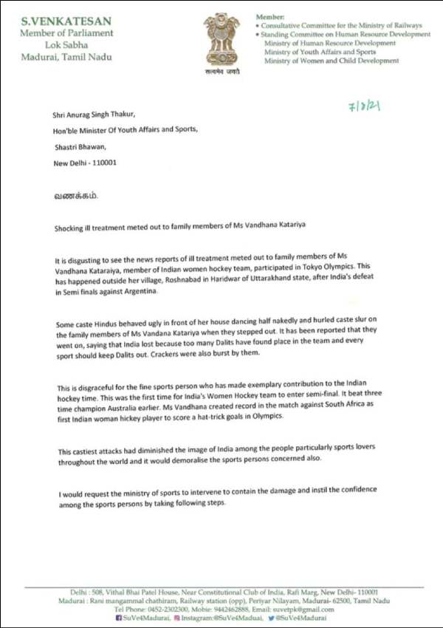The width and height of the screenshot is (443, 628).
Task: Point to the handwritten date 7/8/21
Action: pos(364,107)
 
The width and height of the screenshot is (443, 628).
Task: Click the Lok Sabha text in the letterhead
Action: pos(66,44)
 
